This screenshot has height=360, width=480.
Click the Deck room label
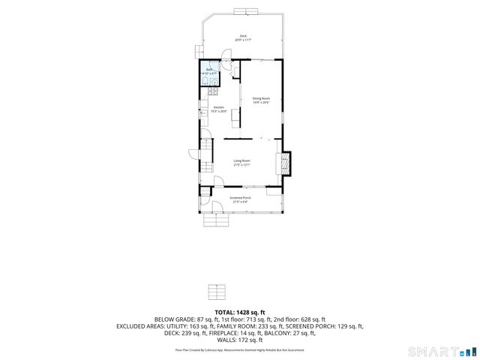242,35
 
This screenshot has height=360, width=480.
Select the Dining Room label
260,98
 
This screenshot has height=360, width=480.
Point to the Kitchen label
219,107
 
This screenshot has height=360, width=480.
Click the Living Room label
241,160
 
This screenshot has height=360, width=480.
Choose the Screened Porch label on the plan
241,198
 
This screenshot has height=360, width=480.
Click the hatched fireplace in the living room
286,163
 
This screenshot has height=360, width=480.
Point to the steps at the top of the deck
244,10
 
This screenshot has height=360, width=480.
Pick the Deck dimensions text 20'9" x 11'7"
242,40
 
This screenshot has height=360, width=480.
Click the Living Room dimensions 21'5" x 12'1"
241,165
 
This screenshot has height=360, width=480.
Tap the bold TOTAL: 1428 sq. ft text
239,311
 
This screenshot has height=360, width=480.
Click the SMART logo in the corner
439,351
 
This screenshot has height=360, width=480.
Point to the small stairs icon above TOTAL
216,291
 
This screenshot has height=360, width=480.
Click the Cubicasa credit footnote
240,349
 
